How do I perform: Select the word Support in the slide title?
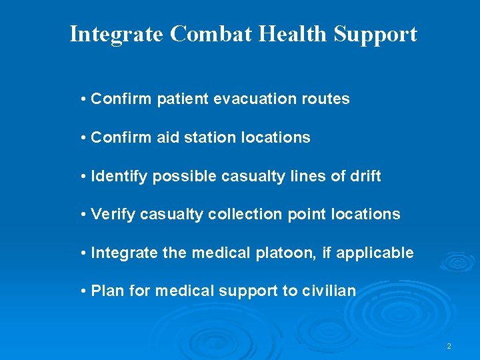pyautogui.click(x=375, y=34)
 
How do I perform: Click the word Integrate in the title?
pyautogui.click(x=116, y=34)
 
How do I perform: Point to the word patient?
pyautogui.click(x=183, y=99)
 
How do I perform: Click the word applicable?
pyautogui.click(x=375, y=253)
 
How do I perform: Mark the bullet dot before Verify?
pyautogui.click(x=83, y=215)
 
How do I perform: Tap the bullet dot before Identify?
pyautogui.click(x=83, y=176)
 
